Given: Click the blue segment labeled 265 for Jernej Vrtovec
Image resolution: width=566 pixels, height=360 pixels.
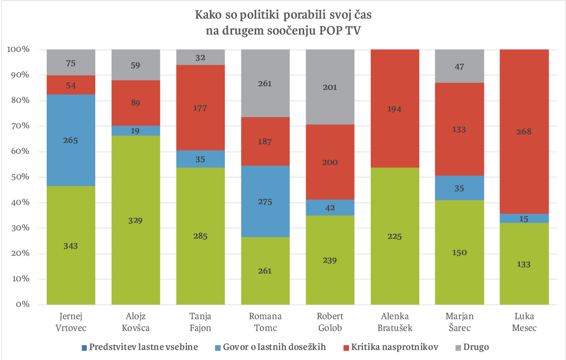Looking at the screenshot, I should [71, 140].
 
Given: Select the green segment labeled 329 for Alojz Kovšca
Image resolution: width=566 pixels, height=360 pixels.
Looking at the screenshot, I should [136, 220].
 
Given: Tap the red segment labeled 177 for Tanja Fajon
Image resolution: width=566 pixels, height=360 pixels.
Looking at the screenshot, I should [200, 108].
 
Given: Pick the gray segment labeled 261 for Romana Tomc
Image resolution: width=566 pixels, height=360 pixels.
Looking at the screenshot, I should [265, 84].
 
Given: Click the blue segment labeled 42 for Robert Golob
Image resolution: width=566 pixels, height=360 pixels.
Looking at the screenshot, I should [330, 208].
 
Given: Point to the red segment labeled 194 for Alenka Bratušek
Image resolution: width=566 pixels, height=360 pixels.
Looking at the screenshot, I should [395, 109].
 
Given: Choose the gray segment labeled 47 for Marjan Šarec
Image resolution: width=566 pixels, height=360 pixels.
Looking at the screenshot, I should [459, 67].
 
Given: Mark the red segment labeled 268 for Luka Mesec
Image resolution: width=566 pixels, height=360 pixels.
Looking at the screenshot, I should [524, 132].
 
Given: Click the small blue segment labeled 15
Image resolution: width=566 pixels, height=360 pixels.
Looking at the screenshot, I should [524, 218].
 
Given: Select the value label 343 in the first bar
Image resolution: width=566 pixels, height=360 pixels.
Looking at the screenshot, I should [71, 246].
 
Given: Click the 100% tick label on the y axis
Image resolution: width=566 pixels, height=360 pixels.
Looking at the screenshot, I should [19, 50].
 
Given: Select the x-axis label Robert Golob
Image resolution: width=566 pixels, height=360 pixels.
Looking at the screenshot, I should [330, 321].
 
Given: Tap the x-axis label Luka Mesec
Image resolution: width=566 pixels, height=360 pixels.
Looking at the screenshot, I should [524, 321].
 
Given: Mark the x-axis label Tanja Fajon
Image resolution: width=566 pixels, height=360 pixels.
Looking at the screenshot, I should [200, 321].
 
